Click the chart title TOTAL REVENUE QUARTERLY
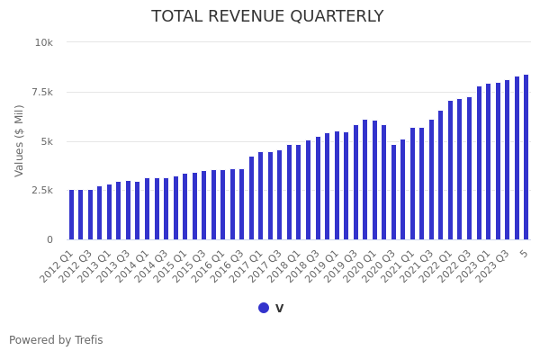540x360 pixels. [267, 17]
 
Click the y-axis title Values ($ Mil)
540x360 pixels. [20, 140]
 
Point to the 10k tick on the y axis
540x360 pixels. [44, 42]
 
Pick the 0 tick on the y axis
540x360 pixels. [49, 240]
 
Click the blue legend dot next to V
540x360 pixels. [264, 308]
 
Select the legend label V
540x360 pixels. [279, 308]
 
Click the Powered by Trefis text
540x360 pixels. [56, 340]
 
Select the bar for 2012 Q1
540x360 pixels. [72, 215]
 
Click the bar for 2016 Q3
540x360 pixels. [242, 204]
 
